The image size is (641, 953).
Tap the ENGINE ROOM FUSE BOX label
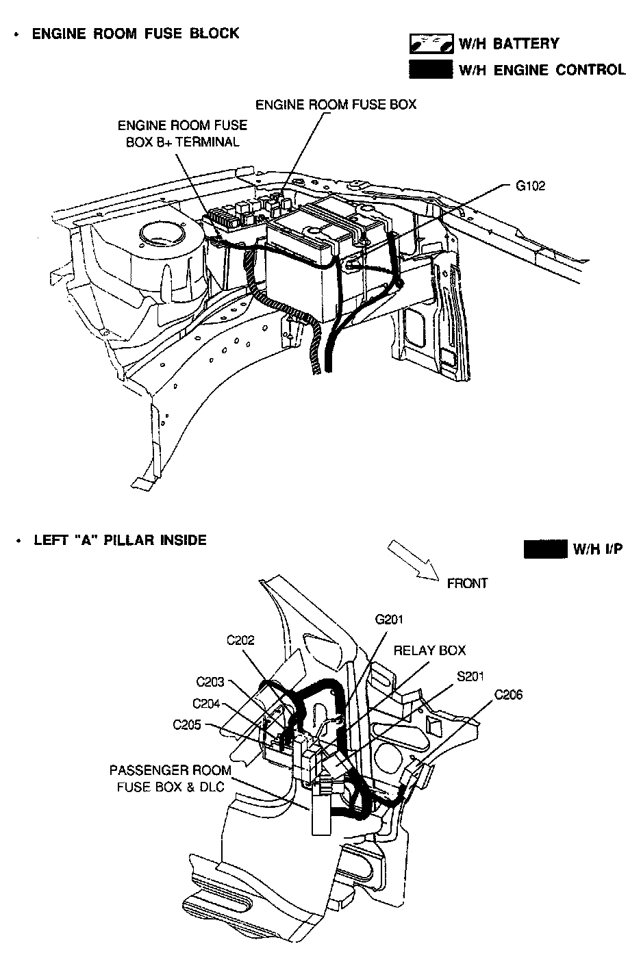336,105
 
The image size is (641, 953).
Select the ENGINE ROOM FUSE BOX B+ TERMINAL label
183,134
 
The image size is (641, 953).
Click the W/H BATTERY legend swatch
431,44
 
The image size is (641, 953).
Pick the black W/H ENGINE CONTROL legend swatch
431,69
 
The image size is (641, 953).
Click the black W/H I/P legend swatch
545,548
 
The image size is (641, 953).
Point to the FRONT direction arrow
412,560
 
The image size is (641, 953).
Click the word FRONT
467,583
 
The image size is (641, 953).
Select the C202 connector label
240,640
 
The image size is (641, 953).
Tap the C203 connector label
210,682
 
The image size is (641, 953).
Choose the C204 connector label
207,703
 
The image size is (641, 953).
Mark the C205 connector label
188,724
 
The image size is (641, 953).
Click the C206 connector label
508,695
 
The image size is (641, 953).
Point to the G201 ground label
389,620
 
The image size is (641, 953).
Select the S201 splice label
470,677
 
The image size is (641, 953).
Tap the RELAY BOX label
429,650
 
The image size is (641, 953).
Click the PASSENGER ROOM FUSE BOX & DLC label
171,778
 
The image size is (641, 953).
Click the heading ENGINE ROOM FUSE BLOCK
136,34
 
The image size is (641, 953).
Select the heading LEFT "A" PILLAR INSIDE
120,540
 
